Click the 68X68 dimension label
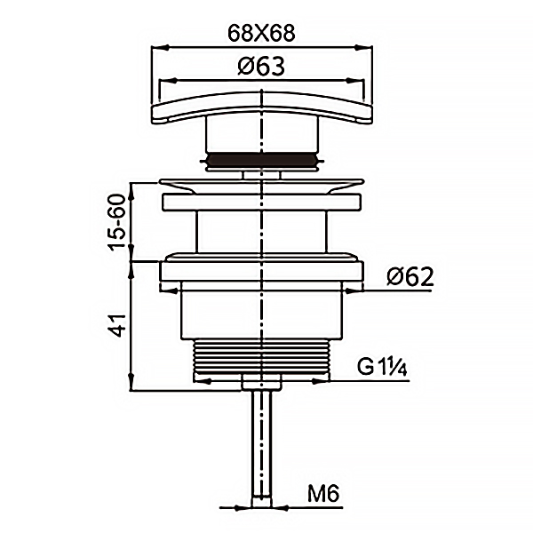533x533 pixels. point(261,34)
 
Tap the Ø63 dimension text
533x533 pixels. point(261,66)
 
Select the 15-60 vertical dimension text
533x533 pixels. point(117,222)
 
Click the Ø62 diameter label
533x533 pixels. point(410,276)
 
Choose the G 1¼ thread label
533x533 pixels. point(382,367)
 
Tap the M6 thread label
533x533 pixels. point(323,494)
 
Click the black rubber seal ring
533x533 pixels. point(262,161)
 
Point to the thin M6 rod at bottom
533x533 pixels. point(261,449)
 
